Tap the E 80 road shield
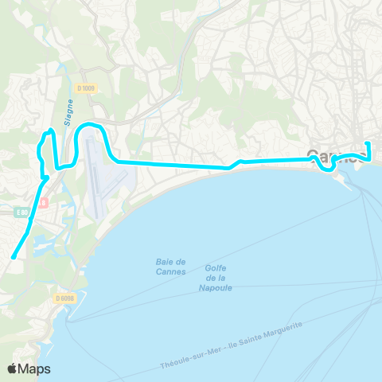[25, 212]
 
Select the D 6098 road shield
[65, 298]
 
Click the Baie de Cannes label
[170, 266]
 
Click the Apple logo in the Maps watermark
[14, 368]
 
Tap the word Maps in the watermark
[37, 368]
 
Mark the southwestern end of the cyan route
[14, 257]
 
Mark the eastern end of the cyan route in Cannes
[368, 143]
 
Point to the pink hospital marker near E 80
[45, 202]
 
